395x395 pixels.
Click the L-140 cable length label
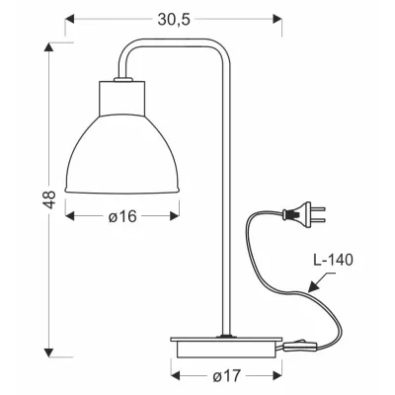[x=332, y=262]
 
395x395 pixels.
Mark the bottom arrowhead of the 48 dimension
[x=47, y=350]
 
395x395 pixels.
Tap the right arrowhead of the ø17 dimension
[x=276, y=376]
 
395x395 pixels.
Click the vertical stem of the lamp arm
[x=226, y=197]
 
